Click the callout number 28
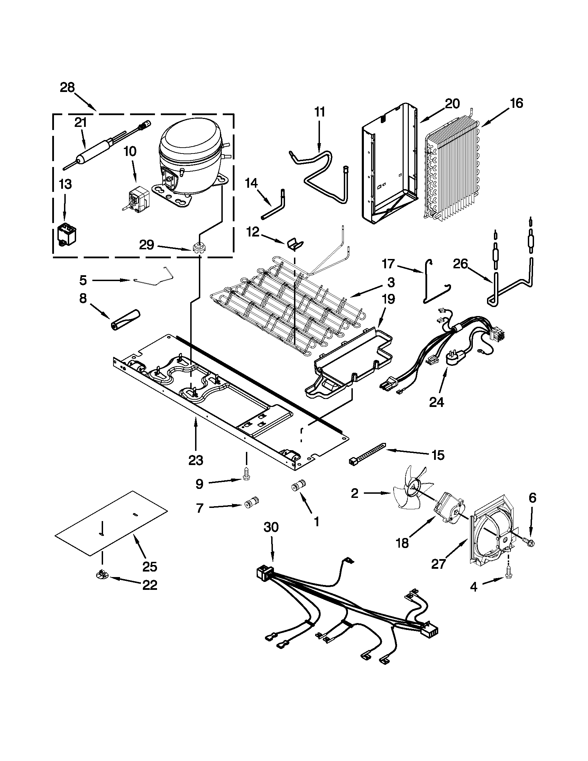click(67, 87)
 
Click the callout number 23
click(195, 460)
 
